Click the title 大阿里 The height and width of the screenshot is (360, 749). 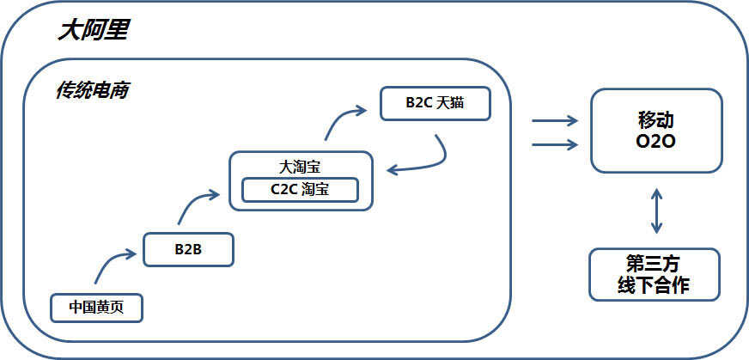click(93, 31)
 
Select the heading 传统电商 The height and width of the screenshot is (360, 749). click(92, 89)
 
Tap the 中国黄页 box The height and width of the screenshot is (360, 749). click(96, 307)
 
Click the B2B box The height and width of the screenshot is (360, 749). click(187, 249)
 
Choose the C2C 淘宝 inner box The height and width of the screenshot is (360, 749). click(300, 189)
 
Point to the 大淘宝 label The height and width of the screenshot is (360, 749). click(300, 166)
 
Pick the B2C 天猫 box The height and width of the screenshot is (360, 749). click(435, 103)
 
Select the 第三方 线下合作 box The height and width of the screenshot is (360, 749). click(655, 274)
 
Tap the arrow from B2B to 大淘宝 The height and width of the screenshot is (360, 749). click(196, 204)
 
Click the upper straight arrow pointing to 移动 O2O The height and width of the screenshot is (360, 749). click(555, 121)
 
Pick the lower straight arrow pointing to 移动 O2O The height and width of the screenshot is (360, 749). click(555, 143)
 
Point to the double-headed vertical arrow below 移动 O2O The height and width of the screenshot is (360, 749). click(657, 211)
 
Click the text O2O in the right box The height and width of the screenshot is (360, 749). click(656, 141)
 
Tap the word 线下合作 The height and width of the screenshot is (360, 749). click(654, 285)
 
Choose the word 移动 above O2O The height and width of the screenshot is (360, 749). click(656, 119)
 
